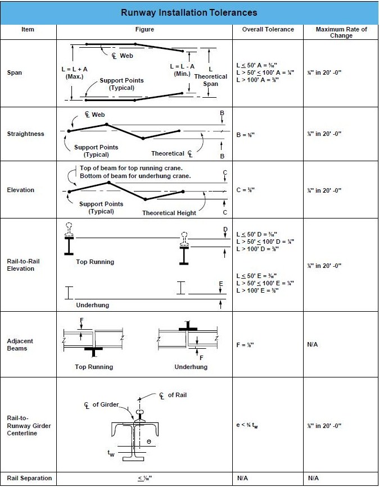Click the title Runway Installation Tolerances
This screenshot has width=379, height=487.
(x=189, y=12)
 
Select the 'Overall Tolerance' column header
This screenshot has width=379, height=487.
(x=268, y=29)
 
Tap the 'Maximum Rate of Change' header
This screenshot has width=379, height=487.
(x=341, y=32)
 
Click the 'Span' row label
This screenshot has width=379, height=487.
(x=15, y=72)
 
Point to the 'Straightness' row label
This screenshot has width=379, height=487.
(x=25, y=134)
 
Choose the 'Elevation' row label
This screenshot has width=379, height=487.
(x=21, y=190)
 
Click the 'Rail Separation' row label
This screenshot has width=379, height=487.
(x=29, y=478)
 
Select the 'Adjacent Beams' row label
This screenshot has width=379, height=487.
(x=20, y=344)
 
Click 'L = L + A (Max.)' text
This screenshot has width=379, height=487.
(x=74, y=72)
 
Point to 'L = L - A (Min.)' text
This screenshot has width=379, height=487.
(x=182, y=70)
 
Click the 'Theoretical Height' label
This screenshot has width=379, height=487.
(x=169, y=213)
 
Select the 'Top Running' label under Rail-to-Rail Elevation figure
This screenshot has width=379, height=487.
(x=95, y=262)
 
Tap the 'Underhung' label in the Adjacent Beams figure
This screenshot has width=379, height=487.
(x=191, y=367)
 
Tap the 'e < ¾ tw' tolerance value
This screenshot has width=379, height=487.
(x=247, y=425)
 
